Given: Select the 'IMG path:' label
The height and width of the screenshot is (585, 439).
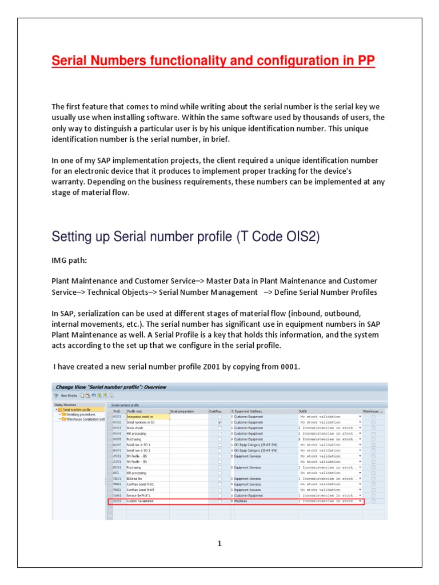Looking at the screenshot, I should (x=70, y=259).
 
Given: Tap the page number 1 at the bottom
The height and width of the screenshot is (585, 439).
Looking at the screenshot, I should (x=219, y=543).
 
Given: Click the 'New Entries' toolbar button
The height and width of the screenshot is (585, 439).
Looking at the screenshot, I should (x=69, y=395).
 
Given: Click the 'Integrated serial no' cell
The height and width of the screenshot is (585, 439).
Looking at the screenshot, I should (x=140, y=417).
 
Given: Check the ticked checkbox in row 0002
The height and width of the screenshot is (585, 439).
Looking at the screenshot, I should (x=219, y=422).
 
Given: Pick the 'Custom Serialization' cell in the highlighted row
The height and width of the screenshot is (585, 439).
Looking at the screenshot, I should (x=140, y=501).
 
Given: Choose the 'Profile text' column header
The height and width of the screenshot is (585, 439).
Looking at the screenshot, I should (x=135, y=411).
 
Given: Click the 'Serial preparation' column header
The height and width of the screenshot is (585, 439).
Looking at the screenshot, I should (x=182, y=411).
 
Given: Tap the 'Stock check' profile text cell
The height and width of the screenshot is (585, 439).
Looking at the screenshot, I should (x=134, y=427).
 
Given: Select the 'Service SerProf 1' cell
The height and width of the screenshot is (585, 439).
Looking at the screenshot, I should (x=138, y=495).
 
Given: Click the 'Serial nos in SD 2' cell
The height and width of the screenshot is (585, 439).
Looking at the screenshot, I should (x=138, y=450).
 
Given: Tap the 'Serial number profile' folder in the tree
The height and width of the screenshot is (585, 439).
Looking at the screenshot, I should (x=77, y=410).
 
